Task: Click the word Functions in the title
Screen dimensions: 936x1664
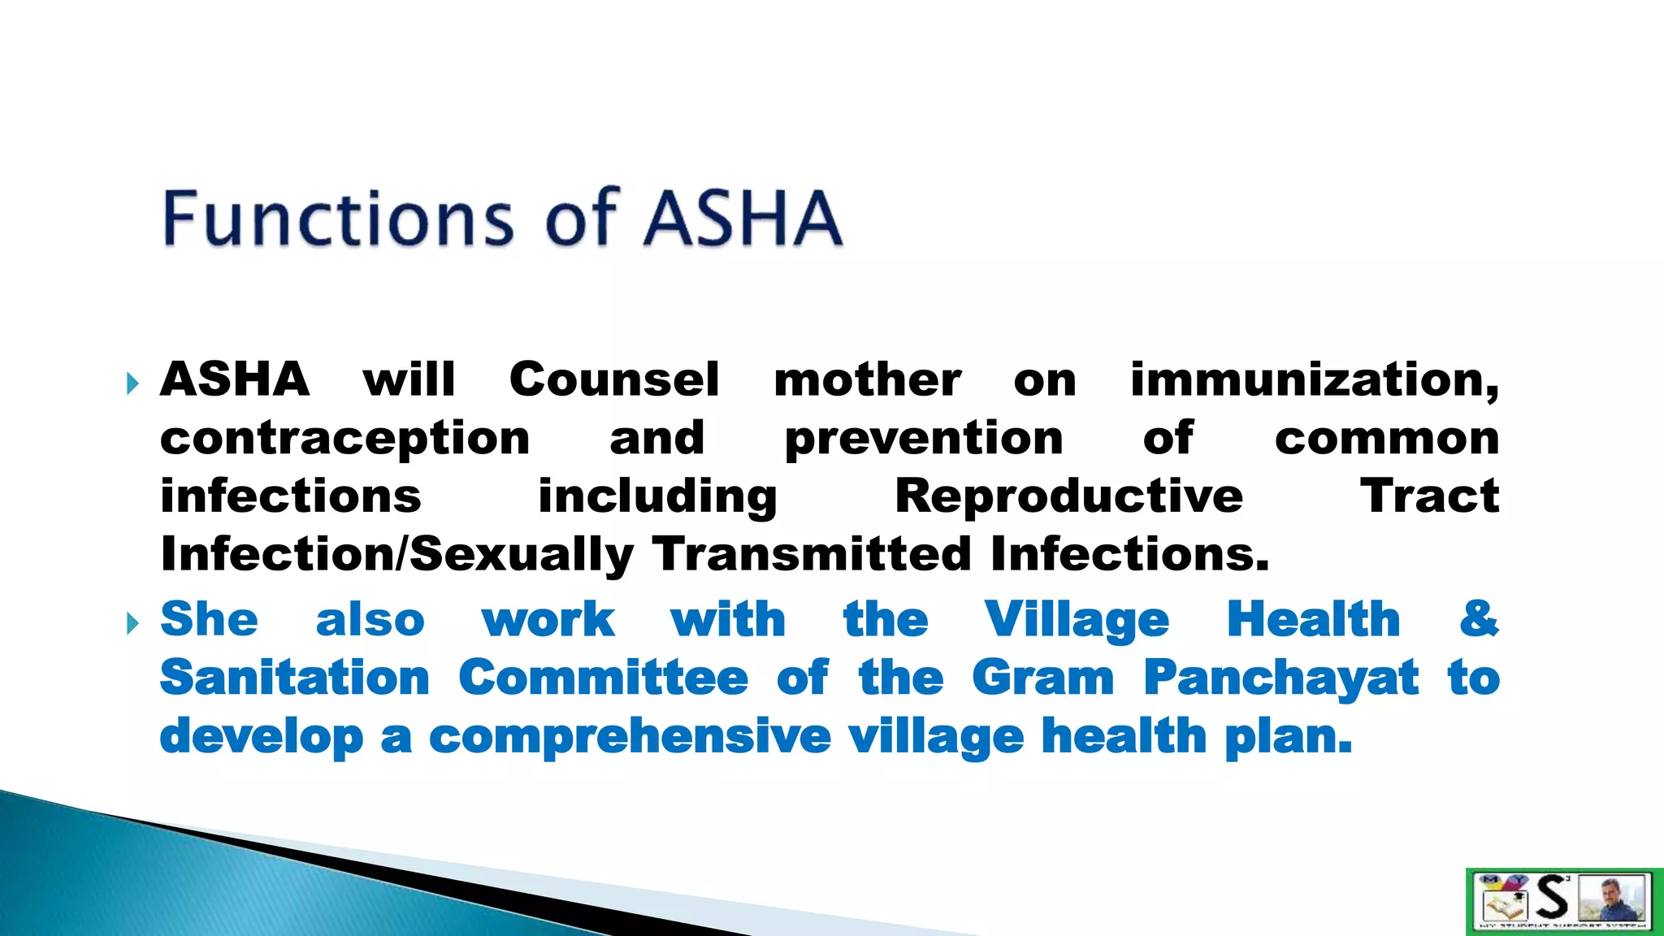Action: (x=338, y=218)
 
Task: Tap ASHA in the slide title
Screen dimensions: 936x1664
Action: (x=743, y=218)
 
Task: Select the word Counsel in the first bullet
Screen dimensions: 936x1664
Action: (x=614, y=379)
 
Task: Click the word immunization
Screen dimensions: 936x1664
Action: (x=1314, y=379)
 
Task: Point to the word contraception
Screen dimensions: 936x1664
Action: (x=344, y=440)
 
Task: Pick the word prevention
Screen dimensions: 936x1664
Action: (x=924, y=440)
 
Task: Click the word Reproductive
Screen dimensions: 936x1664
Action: (x=1068, y=496)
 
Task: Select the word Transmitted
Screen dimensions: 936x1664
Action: (x=812, y=554)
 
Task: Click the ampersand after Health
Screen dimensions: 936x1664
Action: (x=1479, y=619)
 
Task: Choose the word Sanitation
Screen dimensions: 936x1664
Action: (x=295, y=678)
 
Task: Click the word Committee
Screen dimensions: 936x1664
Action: (x=603, y=678)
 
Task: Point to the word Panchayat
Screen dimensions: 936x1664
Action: (x=1281, y=679)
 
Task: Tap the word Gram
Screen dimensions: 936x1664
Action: (x=1043, y=678)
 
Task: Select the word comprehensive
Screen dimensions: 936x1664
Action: (x=630, y=737)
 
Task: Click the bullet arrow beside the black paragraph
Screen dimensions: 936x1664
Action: (x=133, y=383)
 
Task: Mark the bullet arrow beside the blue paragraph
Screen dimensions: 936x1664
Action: (x=133, y=623)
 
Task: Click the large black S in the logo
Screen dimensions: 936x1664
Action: (x=1552, y=899)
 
